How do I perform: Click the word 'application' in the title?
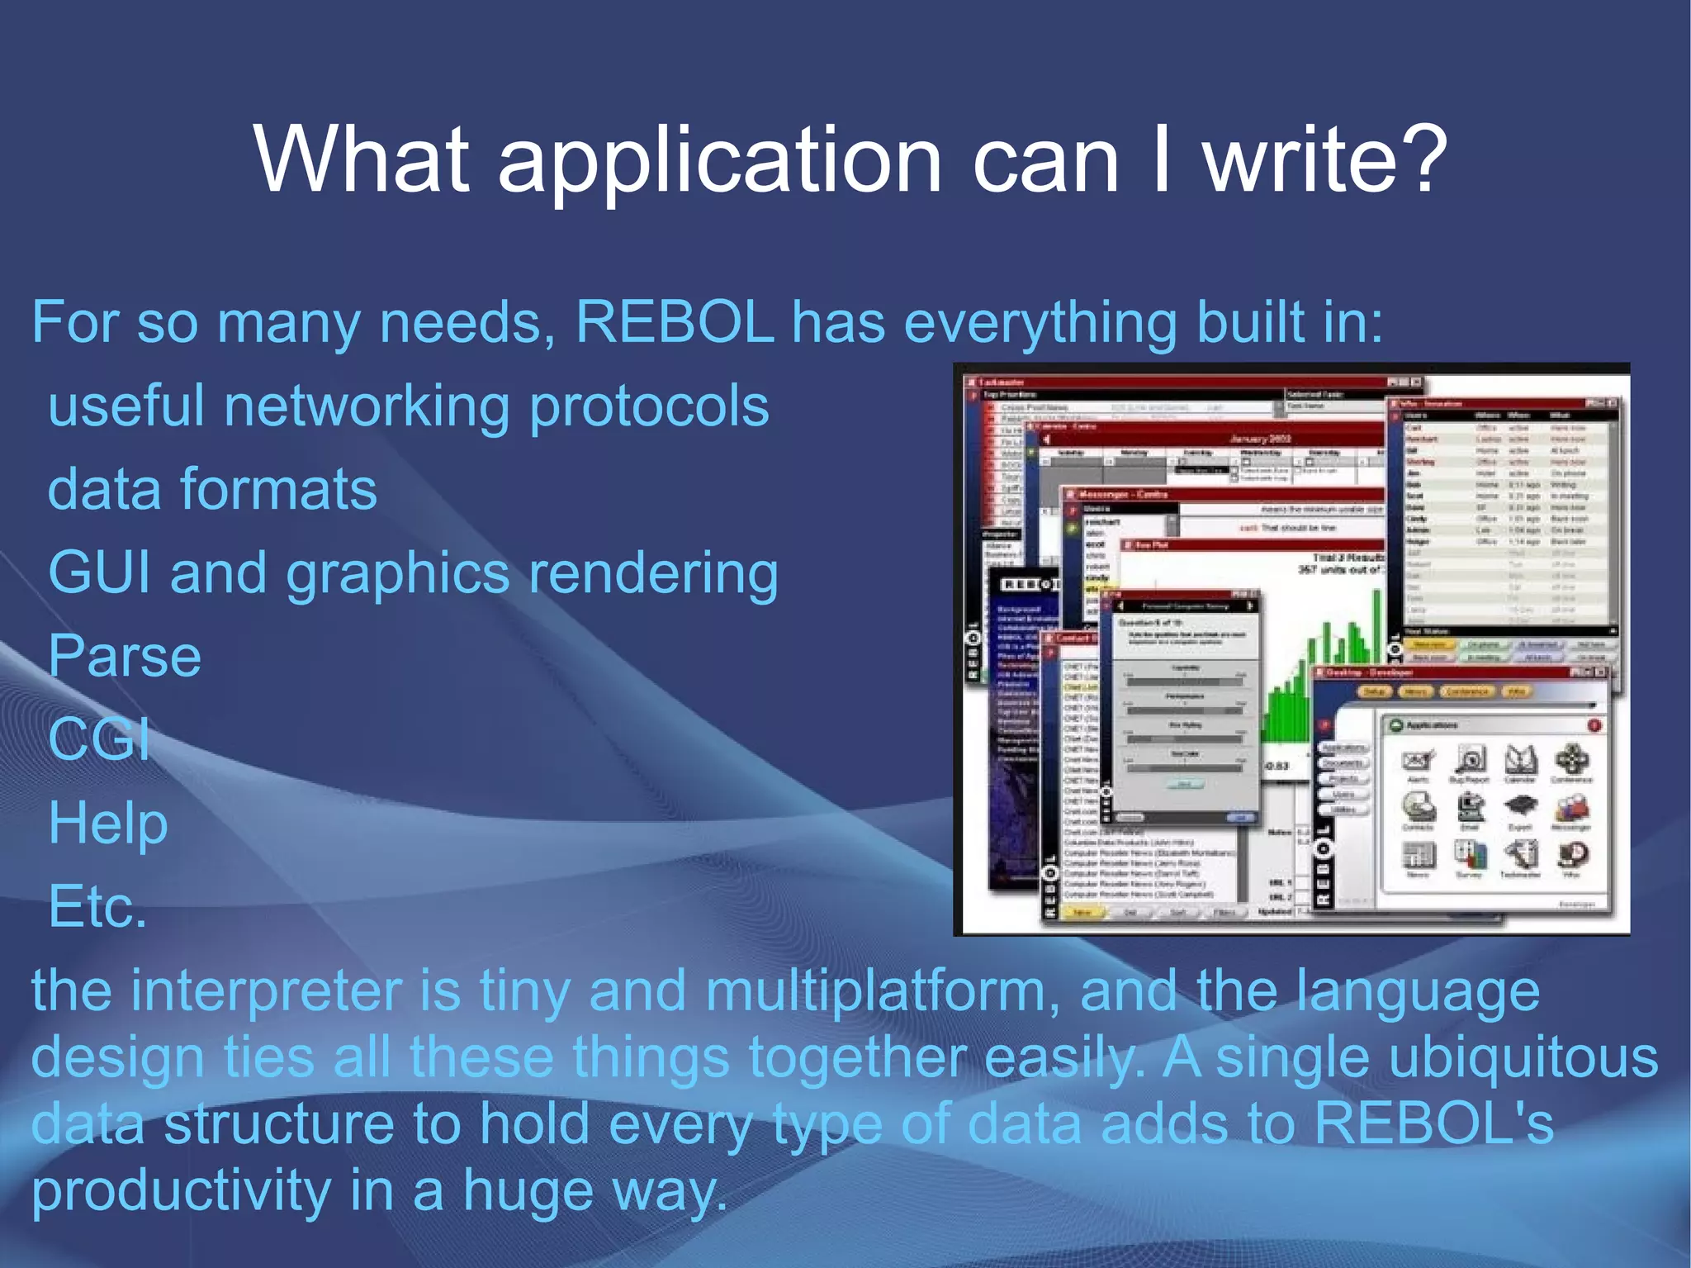click(x=718, y=161)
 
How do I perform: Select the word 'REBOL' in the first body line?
click(x=675, y=322)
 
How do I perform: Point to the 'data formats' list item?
click(x=212, y=490)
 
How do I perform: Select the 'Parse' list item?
click(x=125, y=657)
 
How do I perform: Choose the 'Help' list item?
click(x=108, y=824)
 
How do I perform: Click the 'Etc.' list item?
click(x=97, y=907)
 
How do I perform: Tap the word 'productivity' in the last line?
click(x=181, y=1191)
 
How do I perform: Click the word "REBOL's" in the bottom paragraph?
click(x=1433, y=1123)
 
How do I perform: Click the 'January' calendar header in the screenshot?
click(x=1259, y=439)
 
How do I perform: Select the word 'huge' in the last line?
click(x=528, y=1191)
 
